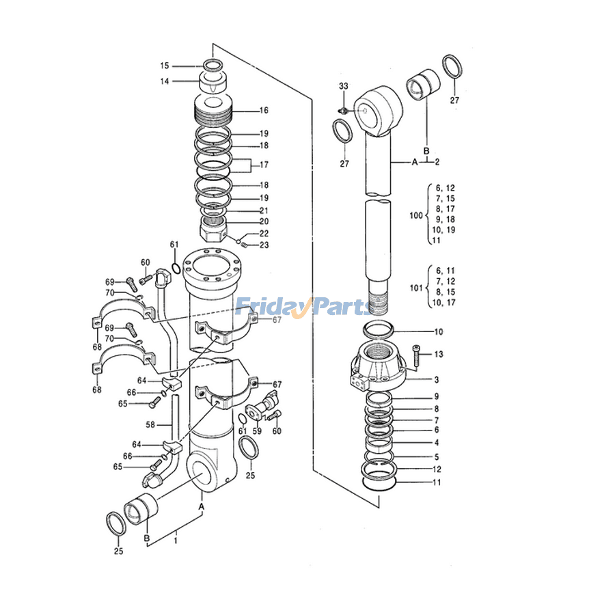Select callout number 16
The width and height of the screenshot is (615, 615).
(x=264, y=110)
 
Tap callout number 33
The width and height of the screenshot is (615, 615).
(x=343, y=85)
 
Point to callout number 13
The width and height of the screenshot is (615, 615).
(x=438, y=354)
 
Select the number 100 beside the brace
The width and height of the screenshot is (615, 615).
(x=416, y=215)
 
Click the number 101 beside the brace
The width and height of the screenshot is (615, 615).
(x=416, y=288)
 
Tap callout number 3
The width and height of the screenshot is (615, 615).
(x=437, y=379)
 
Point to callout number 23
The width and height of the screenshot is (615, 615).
(x=264, y=245)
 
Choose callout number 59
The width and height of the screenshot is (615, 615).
(x=257, y=431)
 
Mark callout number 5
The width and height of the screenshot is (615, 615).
(x=437, y=456)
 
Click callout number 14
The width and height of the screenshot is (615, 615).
(x=165, y=81)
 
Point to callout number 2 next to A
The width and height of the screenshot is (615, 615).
(x=437, y=162)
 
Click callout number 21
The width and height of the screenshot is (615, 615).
(x=264, y=210)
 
